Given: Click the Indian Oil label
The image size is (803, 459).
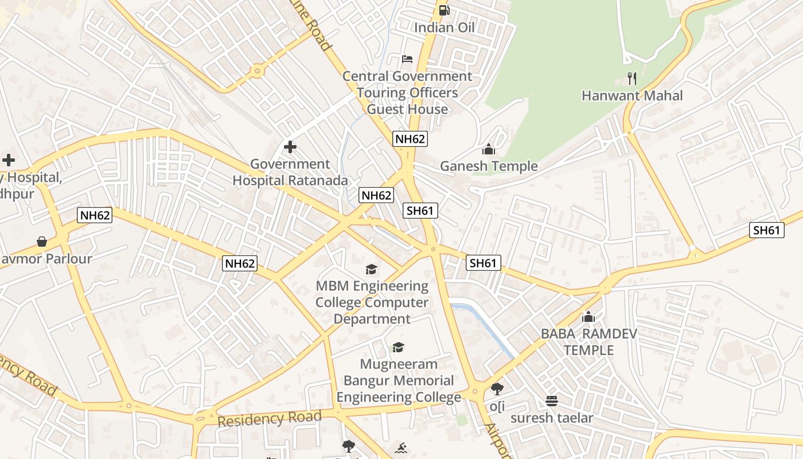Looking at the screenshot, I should tap(444, 28).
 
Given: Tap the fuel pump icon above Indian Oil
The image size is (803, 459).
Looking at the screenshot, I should tap(444, 10).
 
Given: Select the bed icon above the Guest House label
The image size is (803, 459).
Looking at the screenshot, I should tap(407, 59).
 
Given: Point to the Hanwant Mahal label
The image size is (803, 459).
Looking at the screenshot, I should tap(632, 95).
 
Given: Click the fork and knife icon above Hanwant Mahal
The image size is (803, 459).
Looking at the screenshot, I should tap(632, 78).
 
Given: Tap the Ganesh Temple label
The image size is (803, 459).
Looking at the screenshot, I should tap(489, 166).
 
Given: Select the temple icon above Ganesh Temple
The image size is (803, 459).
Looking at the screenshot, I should tap(489, 149).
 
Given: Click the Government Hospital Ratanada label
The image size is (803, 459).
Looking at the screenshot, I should tap(290, 172).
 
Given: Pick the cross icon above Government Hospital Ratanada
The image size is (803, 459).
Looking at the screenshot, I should tap(290, 147).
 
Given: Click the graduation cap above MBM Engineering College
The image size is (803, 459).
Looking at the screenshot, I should tap(372, 269).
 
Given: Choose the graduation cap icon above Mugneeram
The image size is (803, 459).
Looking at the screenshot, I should tap(398, 347).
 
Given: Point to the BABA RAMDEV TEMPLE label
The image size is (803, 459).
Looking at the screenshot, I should tap(588, 342).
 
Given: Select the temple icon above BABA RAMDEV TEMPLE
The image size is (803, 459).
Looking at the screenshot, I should tap(588, 317).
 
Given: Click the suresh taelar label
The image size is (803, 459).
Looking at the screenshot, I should tap(552, 418).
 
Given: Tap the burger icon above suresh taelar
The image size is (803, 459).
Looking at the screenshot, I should tap(552, 400).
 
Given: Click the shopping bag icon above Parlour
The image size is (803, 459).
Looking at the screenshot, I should tap(42, 242).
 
